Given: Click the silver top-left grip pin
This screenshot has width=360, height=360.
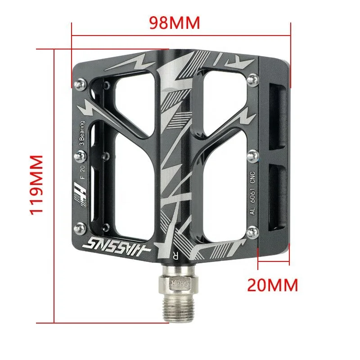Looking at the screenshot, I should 81,83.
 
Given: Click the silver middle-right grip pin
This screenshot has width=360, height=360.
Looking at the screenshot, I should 252,154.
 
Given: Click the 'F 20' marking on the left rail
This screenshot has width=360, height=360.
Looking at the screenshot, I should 82,172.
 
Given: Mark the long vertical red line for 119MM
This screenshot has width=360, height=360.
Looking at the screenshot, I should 54,185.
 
